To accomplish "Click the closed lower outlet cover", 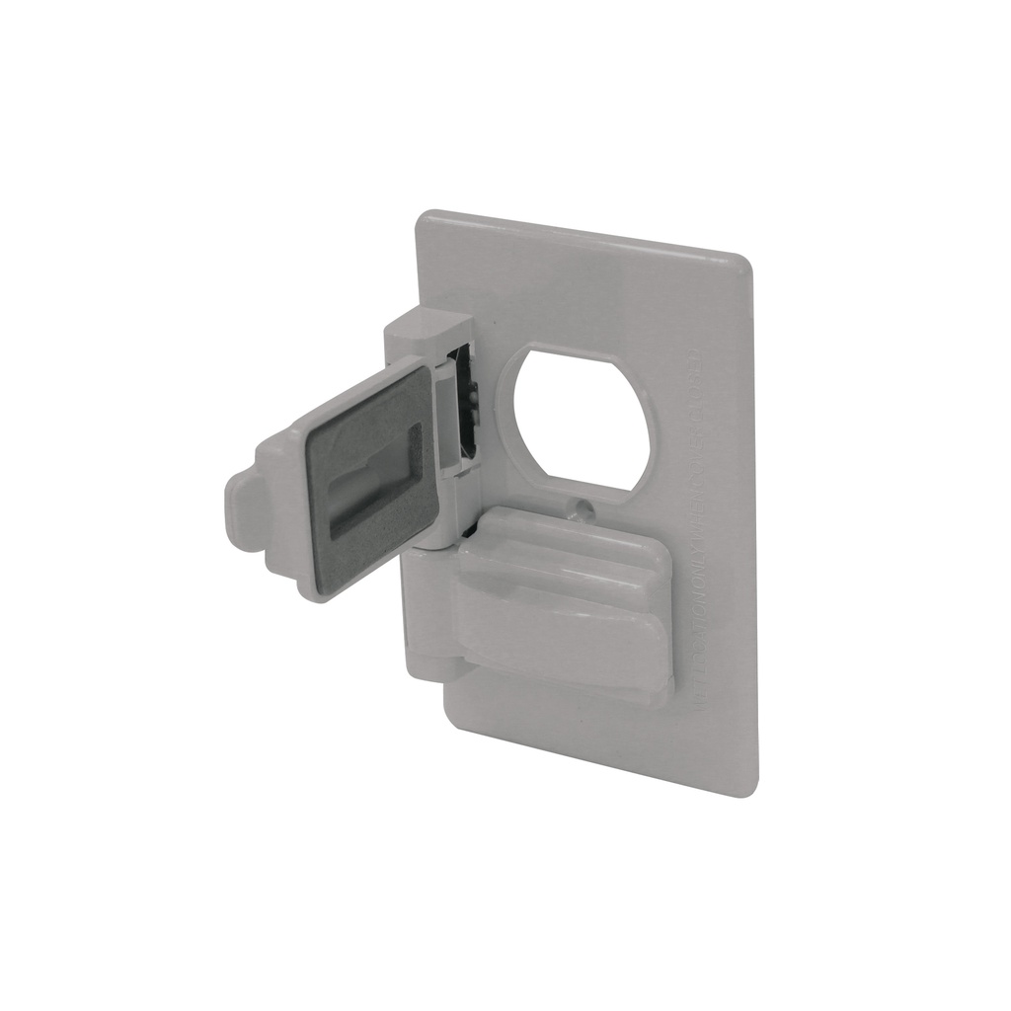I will tap(563, 602).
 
